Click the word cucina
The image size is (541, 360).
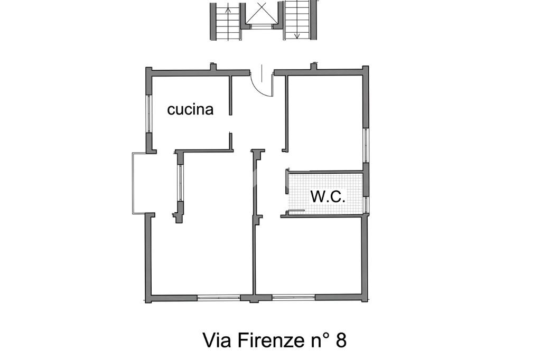pos(190,109)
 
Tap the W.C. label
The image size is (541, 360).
pos(328,196)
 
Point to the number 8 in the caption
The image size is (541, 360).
pos(340,340)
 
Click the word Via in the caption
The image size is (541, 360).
pos(218,340)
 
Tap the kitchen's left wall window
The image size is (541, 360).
pos(148,113)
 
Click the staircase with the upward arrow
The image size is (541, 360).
pos(225,20)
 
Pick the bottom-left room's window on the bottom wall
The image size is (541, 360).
pos(219,297)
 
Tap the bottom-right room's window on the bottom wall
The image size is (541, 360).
pos(294,297)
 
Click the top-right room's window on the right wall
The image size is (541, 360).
pos(366,145)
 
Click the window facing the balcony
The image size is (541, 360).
pos(180,183)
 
